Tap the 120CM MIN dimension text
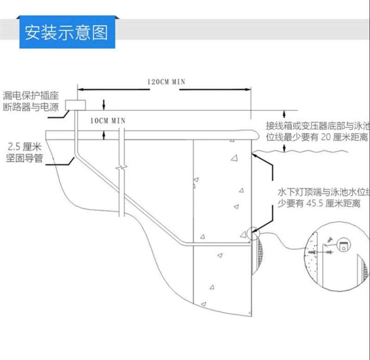[x=166, y=81]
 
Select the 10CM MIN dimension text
[x=108, y=120]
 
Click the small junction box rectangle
[x=75, y=105]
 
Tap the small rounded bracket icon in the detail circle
[x=344, y=246]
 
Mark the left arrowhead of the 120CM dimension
[x=79, y=88]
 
